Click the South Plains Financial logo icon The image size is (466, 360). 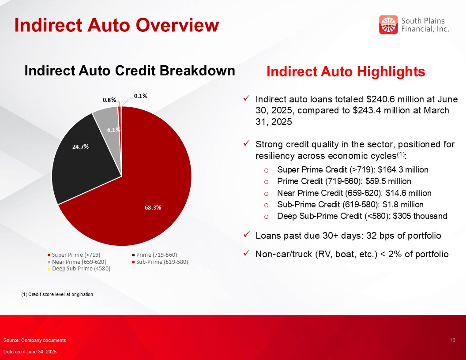pos(388,25)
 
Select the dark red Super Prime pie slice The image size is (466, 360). pos(149,190)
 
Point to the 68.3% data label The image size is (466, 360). pos(153,208)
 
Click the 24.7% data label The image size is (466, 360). pos(81,146)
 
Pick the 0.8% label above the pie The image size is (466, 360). pos(109,100)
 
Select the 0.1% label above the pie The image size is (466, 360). pos(141,96)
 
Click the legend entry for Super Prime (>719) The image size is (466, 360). pos(74,255)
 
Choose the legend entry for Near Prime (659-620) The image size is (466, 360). pos(77,262)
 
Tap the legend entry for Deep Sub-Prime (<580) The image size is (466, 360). pos(79,269)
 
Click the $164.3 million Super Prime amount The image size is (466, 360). pos(403,169)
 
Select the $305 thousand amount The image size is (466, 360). pos(420,216)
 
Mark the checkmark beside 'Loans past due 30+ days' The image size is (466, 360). pos(246,235)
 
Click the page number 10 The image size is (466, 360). pos(452,341)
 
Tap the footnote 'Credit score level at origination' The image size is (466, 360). pos(60,294)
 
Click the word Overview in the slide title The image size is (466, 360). pos(177,25)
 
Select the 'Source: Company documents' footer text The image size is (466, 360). pos(35,341)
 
